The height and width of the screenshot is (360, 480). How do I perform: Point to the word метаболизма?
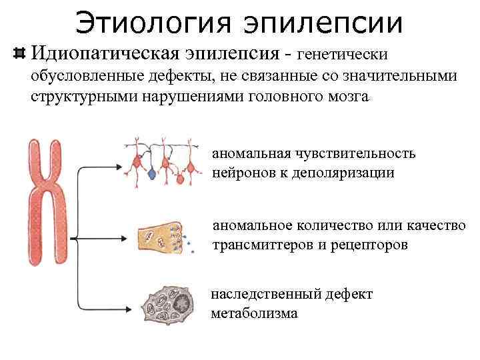point(254,313)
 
